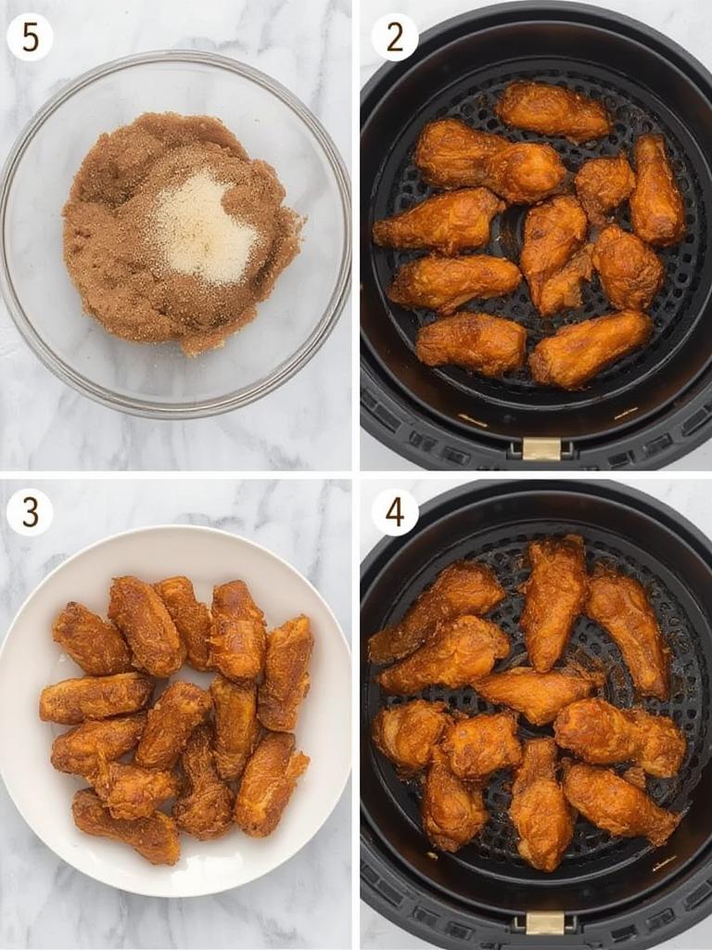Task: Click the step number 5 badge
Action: tap(30, 37)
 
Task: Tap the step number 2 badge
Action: tap(395, 37)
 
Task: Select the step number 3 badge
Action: tap(30, 512)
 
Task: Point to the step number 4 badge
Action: tap(395, 512)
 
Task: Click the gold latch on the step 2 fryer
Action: tap(541, 449)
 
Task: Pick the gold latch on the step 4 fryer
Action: tap(545, 922)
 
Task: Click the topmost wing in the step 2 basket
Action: tap(553, 111)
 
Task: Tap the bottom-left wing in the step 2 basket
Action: tap(471, 343)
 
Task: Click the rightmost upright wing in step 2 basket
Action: tap(657, 189)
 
